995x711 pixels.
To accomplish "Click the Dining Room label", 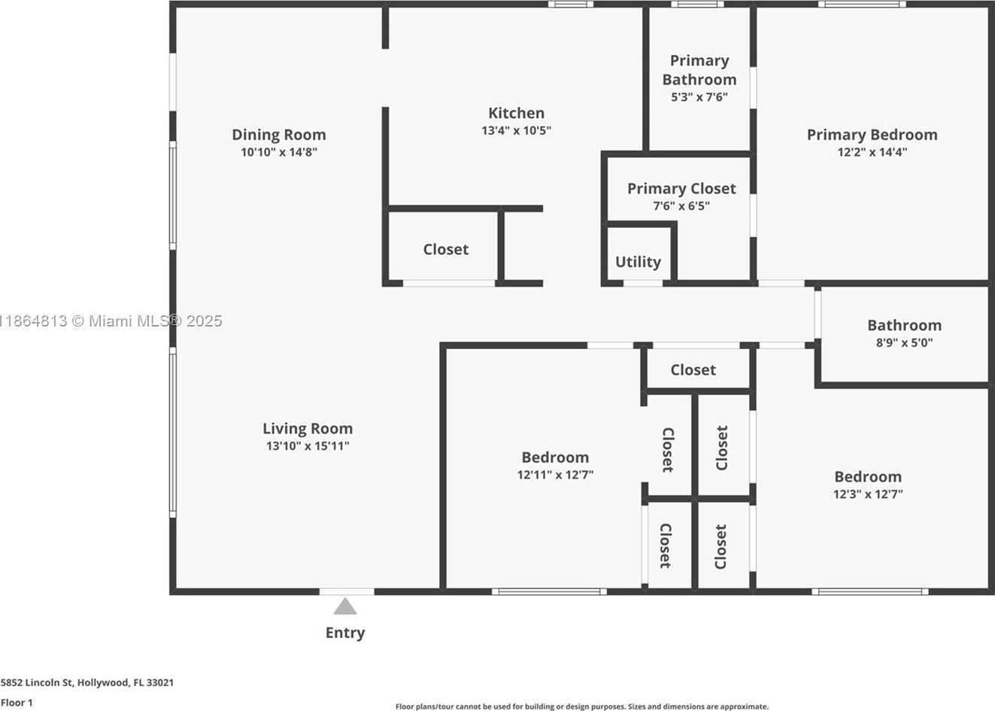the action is [279, 135].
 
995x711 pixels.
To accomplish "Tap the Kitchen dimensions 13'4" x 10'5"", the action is [516, 131].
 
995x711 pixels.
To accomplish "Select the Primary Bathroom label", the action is [699, 70].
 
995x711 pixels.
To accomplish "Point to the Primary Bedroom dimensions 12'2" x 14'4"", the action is [872, 153].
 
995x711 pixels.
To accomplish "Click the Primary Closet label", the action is [681, 189].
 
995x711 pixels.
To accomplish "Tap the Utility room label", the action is [638, 262].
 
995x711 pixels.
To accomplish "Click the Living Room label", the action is [308, 428].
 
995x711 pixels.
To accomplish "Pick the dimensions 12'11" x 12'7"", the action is [555, 475].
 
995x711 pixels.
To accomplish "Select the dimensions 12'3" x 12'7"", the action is [868, 494].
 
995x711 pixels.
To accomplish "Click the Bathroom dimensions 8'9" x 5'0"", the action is [905, 342].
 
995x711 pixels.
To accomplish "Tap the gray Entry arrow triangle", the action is [345, 607].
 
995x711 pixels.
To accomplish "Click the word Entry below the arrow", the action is [345, 633].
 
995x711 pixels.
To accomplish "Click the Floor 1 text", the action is [17, 703].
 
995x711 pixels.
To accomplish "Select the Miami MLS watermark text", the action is [111, 321].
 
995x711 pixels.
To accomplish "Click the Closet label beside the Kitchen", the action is [445, 249].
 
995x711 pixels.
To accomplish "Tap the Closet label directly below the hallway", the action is [693, 369].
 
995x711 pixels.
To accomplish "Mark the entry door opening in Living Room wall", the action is [347, 591].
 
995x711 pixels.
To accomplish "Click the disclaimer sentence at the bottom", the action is [582, 706].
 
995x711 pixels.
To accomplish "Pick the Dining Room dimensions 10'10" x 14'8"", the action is [279, 153].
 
